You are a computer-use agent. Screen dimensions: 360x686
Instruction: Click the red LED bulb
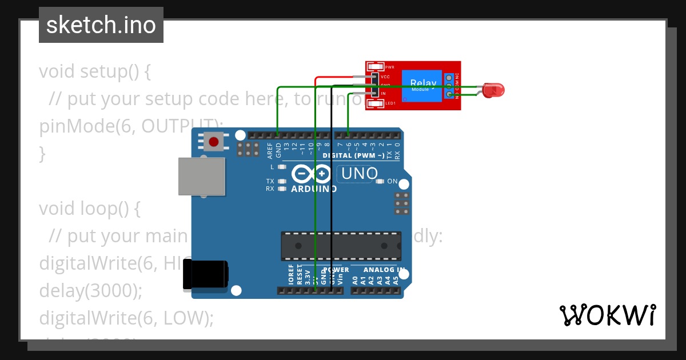[x=493, y=90]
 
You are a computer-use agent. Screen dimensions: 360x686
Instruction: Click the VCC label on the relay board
[x=385, y=77]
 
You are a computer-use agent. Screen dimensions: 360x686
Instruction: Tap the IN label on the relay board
[x=383, y=93]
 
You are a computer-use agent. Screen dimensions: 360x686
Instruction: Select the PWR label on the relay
[x=390, y=67]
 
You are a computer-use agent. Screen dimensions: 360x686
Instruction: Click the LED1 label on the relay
[x=390, y=103]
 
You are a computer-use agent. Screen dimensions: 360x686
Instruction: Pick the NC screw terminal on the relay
[x=450, y=77]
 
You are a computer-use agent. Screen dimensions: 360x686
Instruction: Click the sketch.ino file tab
[x=101, y=25]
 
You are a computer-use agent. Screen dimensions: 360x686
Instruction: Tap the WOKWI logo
[x=607, y=315]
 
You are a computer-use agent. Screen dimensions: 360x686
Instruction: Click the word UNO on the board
[x=360, y=173]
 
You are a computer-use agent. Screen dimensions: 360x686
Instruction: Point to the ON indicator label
[x=392, y=181]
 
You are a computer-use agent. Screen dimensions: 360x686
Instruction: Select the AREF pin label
[x=270, y=151]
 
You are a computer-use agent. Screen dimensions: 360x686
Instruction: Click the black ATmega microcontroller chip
[x=341, y=246]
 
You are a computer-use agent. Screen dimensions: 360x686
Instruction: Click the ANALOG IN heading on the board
[x=384, y=270]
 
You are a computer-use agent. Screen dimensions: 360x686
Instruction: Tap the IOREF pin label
[x=291, y=275]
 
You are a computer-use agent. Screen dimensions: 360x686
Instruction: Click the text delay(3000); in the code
[x=90, y=290]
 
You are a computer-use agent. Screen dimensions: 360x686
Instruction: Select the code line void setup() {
[x=95, y=71]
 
